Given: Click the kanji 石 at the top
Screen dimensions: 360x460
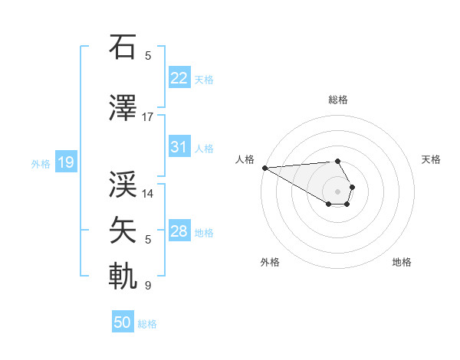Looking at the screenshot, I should pyautogui.click(x=123, y=47).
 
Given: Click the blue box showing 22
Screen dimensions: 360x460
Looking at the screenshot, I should pyautogui.click(x=179, y=78).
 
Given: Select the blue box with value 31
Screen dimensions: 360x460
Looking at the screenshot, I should pyautogui.click(x=179, y=147).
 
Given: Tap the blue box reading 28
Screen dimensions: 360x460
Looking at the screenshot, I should pyautogui.click(x=179, y=231).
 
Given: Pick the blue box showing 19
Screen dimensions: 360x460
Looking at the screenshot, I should pyautogui.click(x=65, y=162).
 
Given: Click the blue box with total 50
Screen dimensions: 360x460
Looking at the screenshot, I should pyautogui.click(x=123, y=322).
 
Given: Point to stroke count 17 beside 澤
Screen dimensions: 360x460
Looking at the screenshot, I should pyautogui.click(x=148, y=116).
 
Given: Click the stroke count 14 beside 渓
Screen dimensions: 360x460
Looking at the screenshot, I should pyautogui.click(x=148, y=193).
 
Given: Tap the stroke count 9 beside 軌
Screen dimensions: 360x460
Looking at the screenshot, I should pyautogui.click(x=148, y=286).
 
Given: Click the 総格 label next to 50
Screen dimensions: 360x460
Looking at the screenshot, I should pyautogui.click(x=147, y=324).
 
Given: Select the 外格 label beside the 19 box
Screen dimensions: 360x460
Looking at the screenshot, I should pyautogui.click(x=41, y=163).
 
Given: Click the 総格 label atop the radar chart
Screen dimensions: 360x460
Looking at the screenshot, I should pyautogui.click(x=337, y=100).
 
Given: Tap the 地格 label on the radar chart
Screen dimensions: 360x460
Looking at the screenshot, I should pyautogui.click(x=402, y=262).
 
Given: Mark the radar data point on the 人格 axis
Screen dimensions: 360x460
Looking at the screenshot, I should pyautogui.click(x=264, y=168).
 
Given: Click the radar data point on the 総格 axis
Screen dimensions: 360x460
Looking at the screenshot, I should pyautogui.click(x=337, y=161).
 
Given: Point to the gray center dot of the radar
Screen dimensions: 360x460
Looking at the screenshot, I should pyautogui.click(x=337, y=191).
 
